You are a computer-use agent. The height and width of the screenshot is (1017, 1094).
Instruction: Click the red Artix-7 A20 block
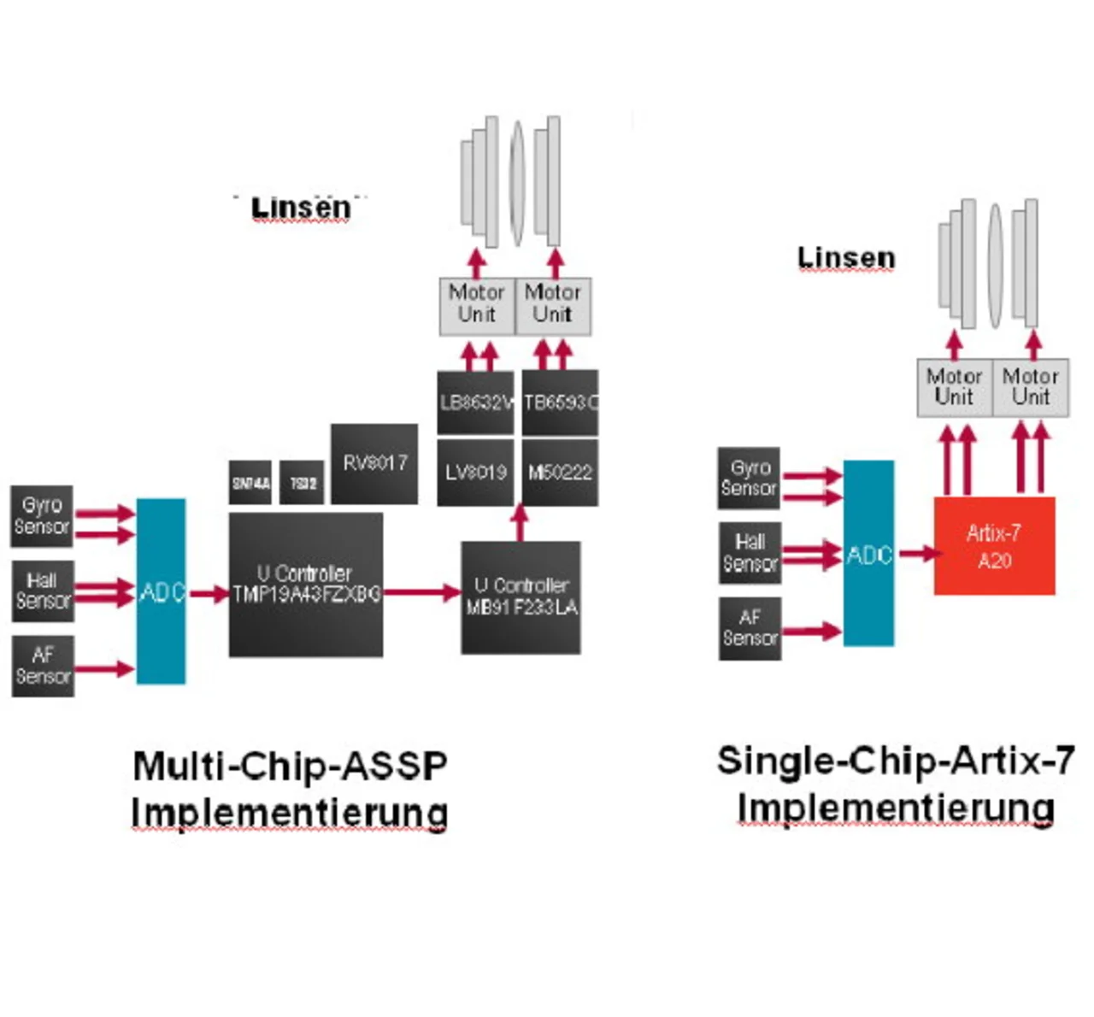pos(994,546)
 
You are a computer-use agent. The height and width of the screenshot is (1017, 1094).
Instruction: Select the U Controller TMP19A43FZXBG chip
pos(306,585)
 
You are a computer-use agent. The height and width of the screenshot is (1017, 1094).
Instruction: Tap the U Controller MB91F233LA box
pos(521,597)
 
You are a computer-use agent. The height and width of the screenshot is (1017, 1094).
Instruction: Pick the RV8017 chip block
pos(374,463)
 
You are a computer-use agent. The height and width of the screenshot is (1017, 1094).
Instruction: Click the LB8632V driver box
pos(475,403)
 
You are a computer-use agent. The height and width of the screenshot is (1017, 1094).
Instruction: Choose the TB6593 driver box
pos(560,403)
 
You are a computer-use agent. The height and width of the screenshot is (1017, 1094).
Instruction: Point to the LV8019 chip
pos(475,472)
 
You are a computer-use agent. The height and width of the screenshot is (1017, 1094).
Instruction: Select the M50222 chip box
pos(560,472)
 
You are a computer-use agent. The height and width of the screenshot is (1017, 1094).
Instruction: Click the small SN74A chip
pos(250,483)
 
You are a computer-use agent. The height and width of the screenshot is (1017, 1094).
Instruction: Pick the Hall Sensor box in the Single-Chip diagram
pos(750,553)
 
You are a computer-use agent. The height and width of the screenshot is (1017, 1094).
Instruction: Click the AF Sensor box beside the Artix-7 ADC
pos(750,628)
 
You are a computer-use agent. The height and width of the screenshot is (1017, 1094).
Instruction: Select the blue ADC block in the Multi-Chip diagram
pos(161,591)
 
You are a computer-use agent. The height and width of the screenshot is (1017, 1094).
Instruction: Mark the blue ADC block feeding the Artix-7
pos(868,554)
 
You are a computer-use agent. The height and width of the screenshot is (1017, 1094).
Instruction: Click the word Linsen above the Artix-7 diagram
pos(846,257)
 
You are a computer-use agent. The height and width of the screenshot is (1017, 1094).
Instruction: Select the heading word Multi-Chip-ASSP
pos(291,765)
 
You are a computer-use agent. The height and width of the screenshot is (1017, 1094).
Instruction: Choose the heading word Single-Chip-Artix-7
pos(895,760)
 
